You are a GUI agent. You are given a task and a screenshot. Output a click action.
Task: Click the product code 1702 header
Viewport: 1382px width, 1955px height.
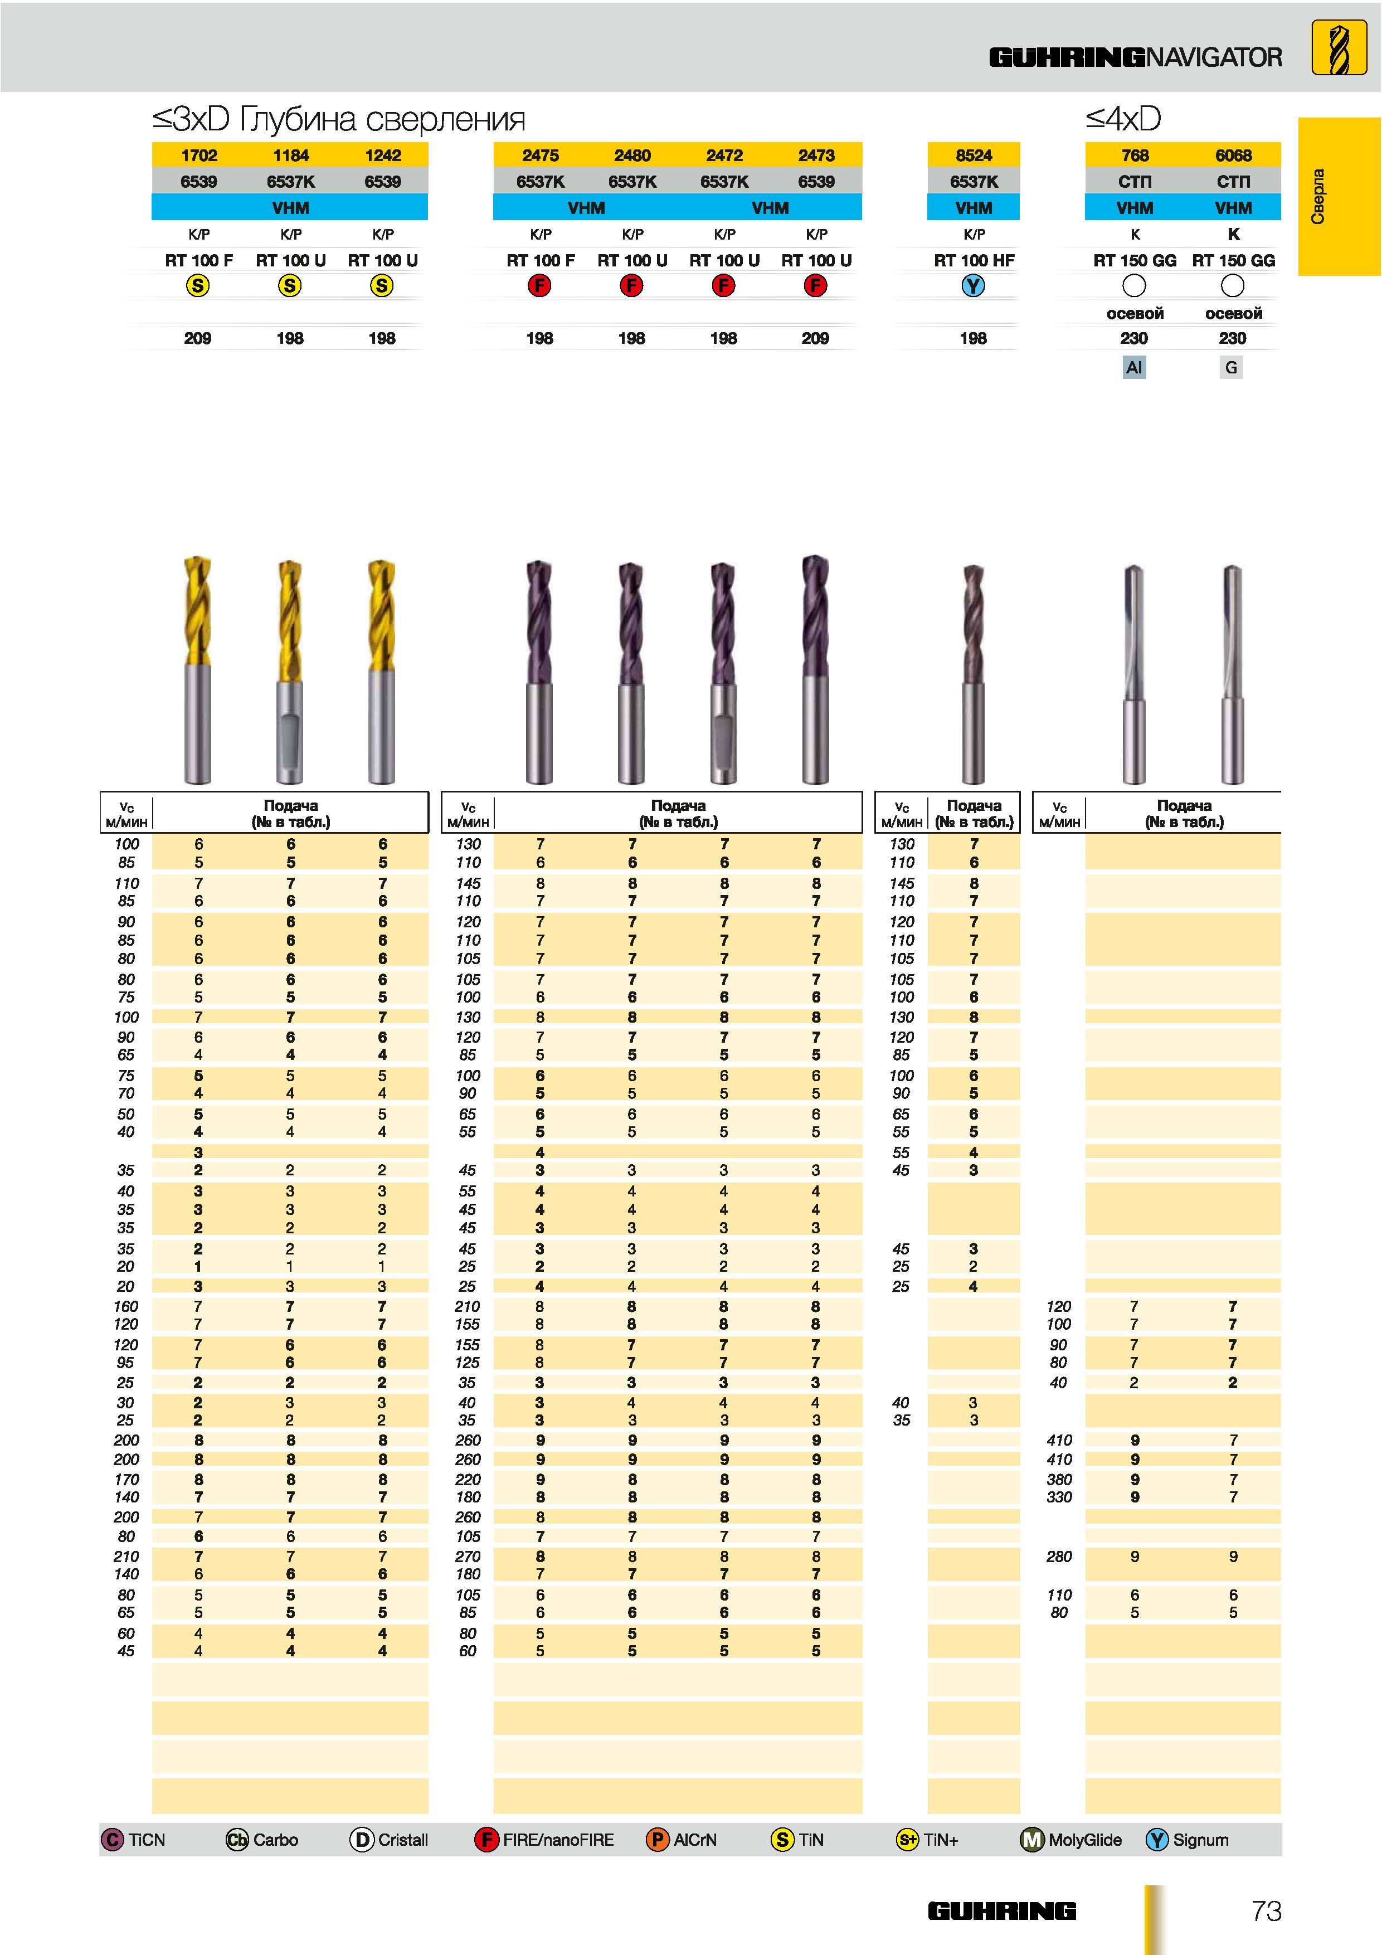click(x=198, y=155)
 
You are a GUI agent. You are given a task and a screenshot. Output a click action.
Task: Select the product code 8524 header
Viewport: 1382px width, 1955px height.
click(x=974, y=155)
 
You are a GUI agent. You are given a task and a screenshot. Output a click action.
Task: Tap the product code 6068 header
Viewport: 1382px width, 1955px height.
click(x=1233, y=155)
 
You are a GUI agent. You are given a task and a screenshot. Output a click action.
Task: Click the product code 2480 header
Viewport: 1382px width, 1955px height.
click(x=632, y=155)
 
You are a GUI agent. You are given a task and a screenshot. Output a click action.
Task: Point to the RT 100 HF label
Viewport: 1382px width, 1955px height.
click(x=974, y=261)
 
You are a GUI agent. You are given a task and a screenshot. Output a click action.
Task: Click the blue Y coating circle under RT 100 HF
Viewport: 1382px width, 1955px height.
click(x=974, y=286)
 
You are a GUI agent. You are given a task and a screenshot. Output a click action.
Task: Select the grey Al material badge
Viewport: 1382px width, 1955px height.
click(x=1133, y=367)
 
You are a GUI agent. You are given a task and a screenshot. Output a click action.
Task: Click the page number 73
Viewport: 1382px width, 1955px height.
click(x=1266, y=1911)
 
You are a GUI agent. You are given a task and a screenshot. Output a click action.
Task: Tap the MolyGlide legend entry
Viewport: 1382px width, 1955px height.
click(x=1070, y=1839)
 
